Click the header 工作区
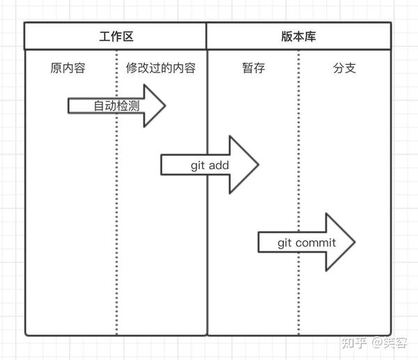click(x=116, y=37)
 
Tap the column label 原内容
click(x=68, y=69)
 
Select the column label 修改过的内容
click(x=160, y=69)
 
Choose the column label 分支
click(x=344, y=69)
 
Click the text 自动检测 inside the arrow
click(x=117, y=106)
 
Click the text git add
click(x=210, y=165)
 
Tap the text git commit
click(x=307, y=243)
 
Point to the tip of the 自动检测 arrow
click(x=165, y=106)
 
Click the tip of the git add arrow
click(x=258, y=165)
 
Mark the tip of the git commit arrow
click(x=355, y=242)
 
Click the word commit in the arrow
click(x=316, y=243)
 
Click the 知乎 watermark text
click(x=353, y=341)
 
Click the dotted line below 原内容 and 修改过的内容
click(x=116, y=209)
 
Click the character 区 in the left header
click(x=128, y=37)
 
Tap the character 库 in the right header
click(x=311, y=37)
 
